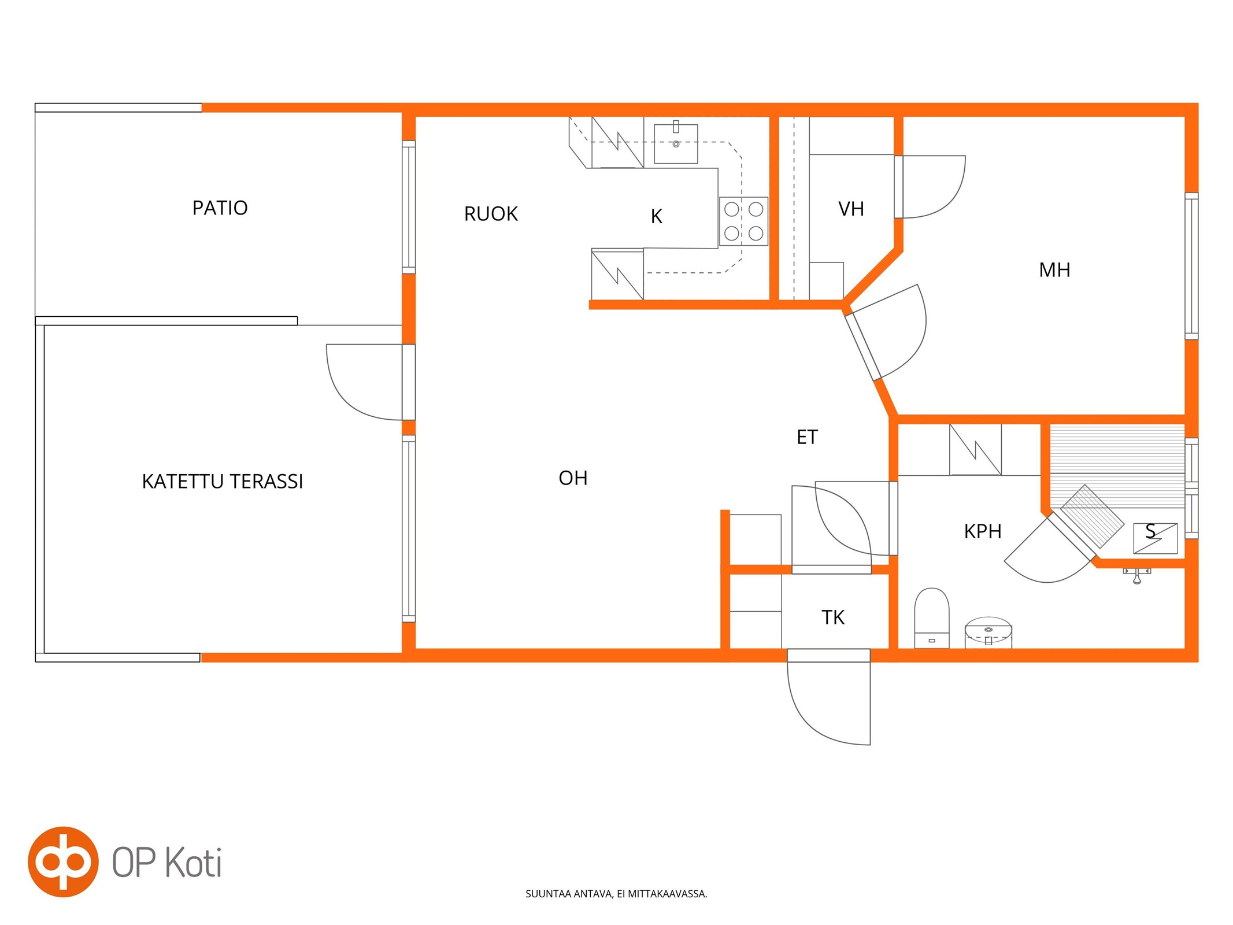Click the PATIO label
coord(220,208)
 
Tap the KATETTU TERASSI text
coord(223,481)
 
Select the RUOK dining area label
coord(491,214)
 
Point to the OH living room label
coord(573,478)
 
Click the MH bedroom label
coord(1054,270)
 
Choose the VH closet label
coord(851,209)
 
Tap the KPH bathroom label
coord(982,531)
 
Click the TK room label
coord(833,617)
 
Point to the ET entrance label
coord(807,437)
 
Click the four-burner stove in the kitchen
coord(743,221)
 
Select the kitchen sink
coord(676,143)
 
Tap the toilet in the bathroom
coord(931,618)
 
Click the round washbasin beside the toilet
coord(988,632)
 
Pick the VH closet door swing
coord(930,187)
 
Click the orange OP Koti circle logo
coord(63,862)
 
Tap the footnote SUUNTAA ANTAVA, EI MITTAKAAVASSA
coord(616,894)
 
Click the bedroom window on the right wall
coord(1191,266)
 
